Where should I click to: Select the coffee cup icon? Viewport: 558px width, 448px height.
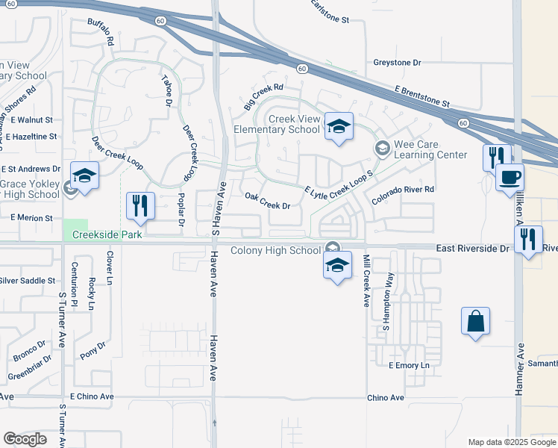pos(510,178)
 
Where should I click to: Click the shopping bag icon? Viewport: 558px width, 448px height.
pos(475,322)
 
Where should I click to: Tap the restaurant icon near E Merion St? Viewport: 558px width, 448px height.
pos(140,205)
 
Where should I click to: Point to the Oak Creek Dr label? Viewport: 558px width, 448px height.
pos(267,201)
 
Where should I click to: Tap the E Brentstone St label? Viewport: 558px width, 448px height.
pos(423,96)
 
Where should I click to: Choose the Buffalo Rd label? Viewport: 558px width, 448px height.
pos(99,33)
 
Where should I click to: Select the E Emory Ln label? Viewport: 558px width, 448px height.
pos(410,365)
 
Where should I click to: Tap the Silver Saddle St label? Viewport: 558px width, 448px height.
pos(28,281)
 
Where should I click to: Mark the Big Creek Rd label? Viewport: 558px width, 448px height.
pos(264,96)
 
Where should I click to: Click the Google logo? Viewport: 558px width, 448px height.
pos(25,438)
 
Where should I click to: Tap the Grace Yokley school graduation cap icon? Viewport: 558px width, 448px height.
pos(84,177)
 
